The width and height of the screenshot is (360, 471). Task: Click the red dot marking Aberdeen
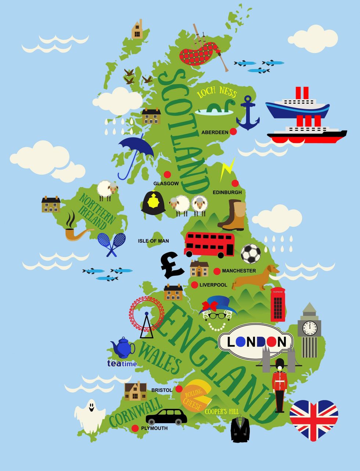click(x=233, y=132)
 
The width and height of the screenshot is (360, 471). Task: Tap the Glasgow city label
click(x=166, y=183)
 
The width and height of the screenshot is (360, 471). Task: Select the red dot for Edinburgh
click(x=235, y=183)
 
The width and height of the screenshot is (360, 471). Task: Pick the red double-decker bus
click(x=209, y=244)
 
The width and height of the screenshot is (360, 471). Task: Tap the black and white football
click(x=251, y=254)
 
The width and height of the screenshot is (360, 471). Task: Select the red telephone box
click(x=278, y=304)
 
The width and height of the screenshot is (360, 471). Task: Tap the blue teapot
click(x=123, y=348)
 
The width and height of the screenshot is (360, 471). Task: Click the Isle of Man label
click(x=154, y=241)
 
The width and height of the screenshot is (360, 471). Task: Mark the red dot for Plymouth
click(x=135, y=428)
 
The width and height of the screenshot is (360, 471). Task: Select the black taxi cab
click(x=166, y=417)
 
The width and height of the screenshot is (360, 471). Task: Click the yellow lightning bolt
click(x=227, y=169)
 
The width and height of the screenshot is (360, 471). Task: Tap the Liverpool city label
click(x=213, y=285)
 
